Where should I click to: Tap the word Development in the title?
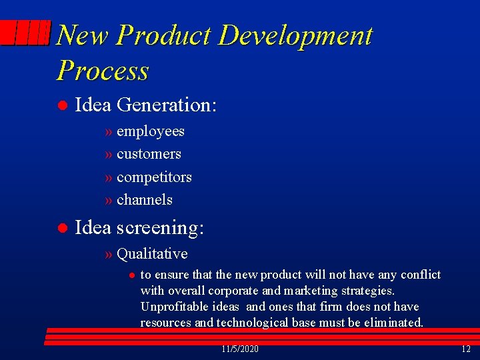295,35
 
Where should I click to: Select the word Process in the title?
103,70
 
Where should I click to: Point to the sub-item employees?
150,131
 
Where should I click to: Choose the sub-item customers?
149,154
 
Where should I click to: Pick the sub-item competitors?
154,177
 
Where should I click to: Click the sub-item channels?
144,200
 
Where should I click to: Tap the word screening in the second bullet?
160,228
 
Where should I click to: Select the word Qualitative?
152,254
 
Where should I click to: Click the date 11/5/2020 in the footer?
239,349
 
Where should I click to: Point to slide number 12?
465,349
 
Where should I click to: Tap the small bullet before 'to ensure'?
132,275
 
